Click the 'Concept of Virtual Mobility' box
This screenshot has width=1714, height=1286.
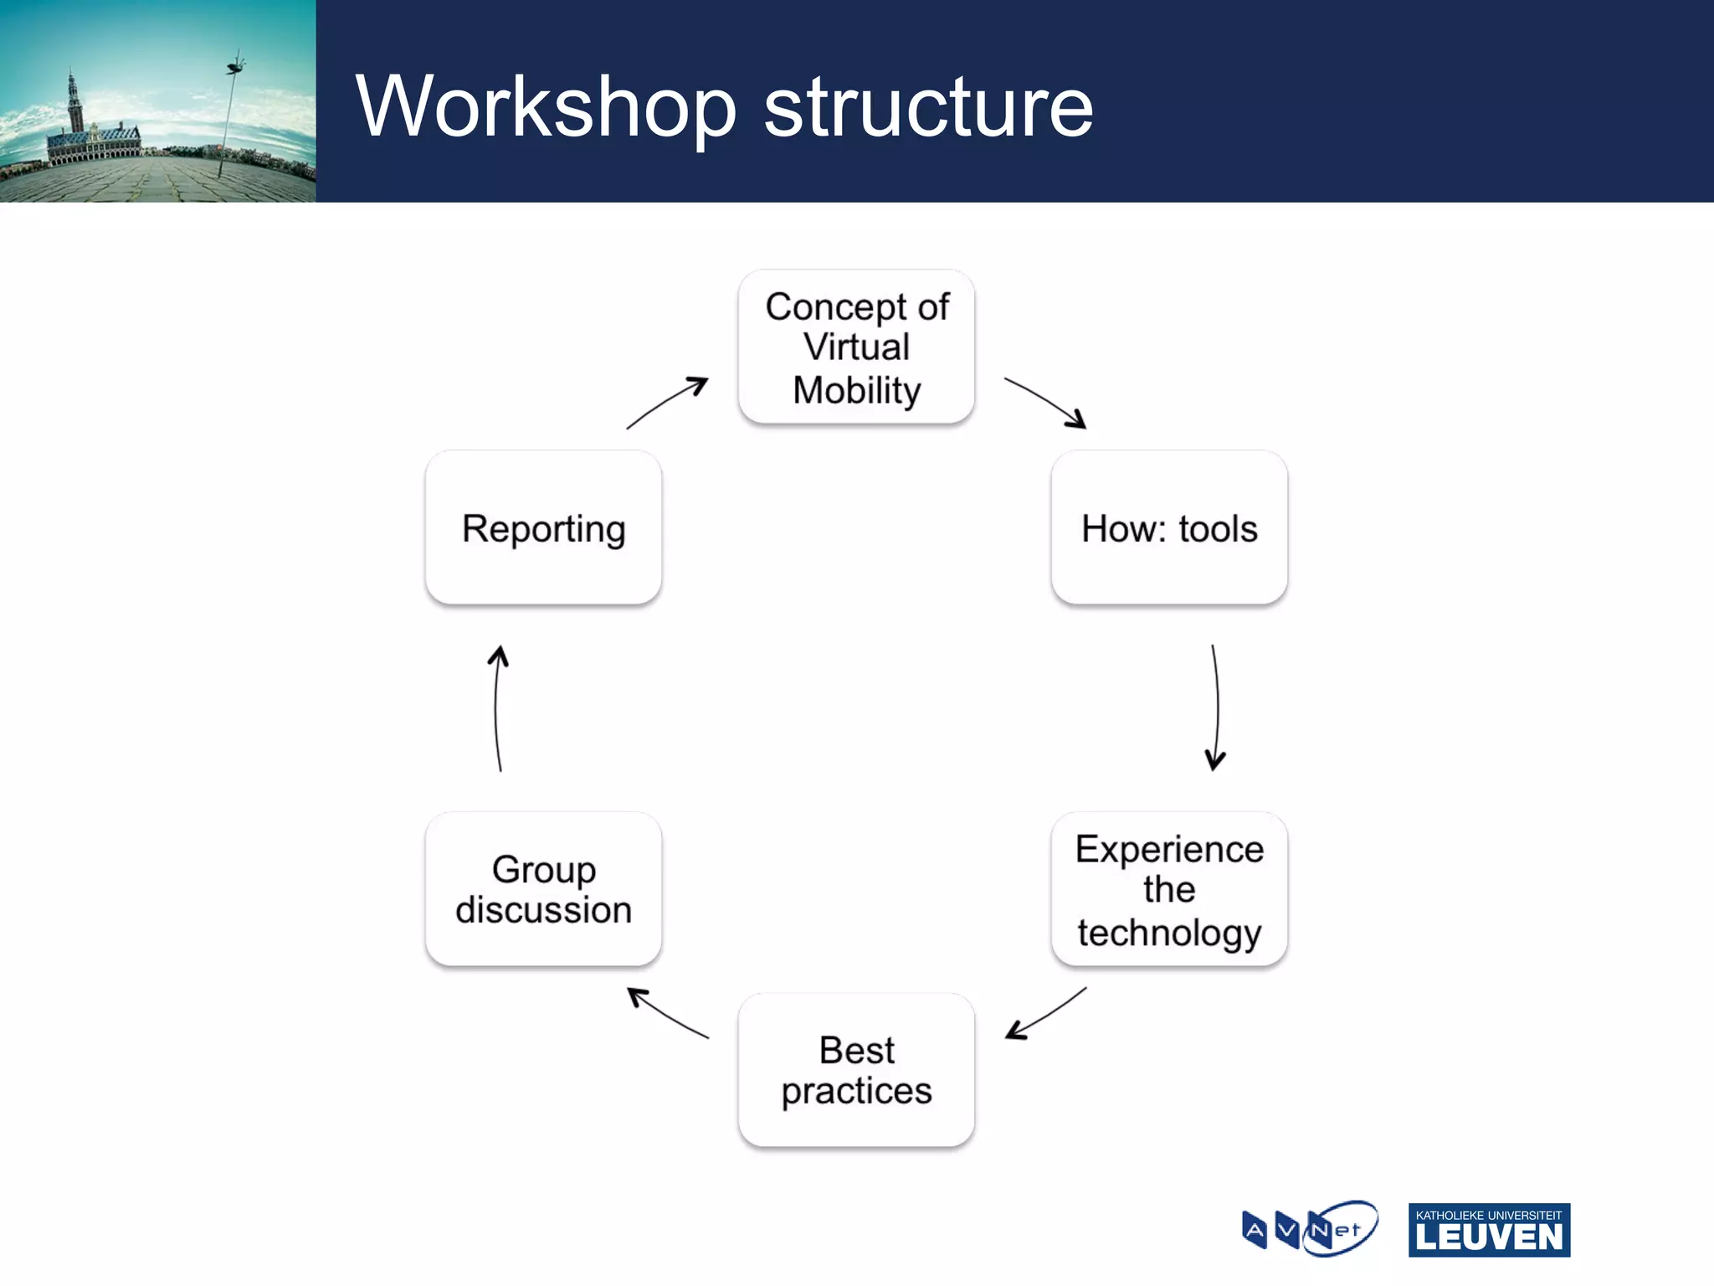(x=856, y=347)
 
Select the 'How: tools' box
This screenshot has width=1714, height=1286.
(x=1169, y=527)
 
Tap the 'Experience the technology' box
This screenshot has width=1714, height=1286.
(x=1169, y=889)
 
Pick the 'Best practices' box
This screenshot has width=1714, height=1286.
(x=856, y=1070)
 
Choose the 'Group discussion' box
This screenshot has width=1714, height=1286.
(x=543, y=889)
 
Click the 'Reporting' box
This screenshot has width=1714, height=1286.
(x=543, y=527)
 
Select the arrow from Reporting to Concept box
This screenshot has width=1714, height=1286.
(x=667, y=403)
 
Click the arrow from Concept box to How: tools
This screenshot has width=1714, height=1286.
(x=1045, y=403)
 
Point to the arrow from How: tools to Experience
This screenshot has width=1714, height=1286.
(x=1215, y=707)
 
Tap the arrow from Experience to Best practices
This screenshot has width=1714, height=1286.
(x=1045, y=1014)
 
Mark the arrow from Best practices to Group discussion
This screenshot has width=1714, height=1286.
(x=667, y=1014)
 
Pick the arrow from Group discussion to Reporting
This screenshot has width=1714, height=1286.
(x=497, y=707)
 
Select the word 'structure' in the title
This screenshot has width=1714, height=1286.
(x=928, y=107)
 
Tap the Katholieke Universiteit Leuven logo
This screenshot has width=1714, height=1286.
(x=1489, y=1230)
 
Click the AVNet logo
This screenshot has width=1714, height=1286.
(x=1310, y=1229)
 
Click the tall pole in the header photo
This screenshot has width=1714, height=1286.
(x=228, y=117)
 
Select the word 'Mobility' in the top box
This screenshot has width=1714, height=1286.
(x=856, y=391)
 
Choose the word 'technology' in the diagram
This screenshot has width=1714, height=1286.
(x=1169, y=933)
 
